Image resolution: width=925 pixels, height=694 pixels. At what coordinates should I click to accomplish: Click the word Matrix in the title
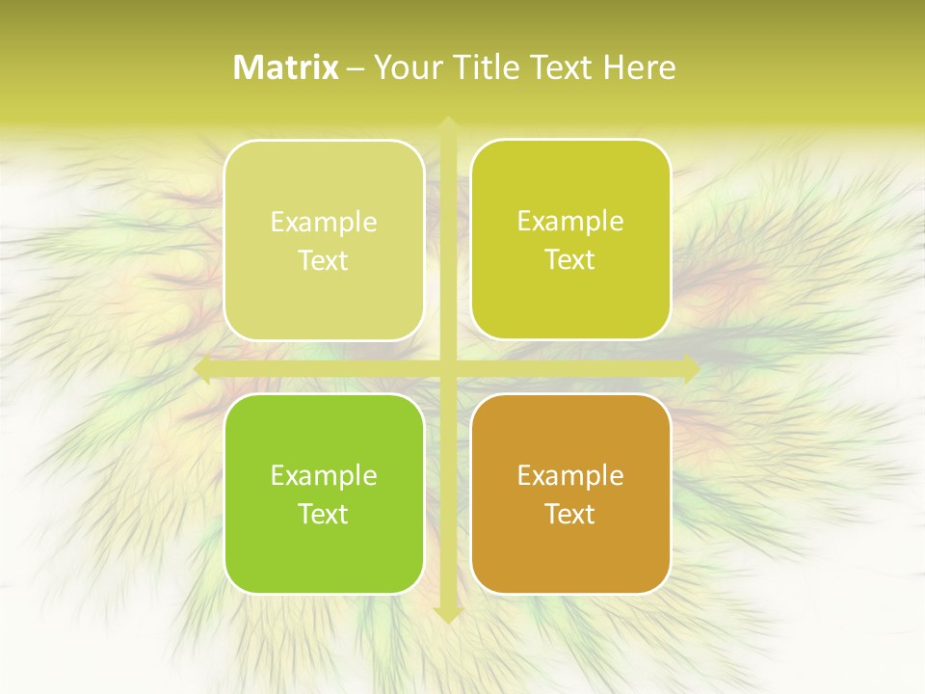click(286, 67)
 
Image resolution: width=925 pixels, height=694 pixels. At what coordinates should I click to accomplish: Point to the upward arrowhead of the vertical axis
click(447, 123)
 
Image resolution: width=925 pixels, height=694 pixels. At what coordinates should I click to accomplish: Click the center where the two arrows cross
click(447, 369)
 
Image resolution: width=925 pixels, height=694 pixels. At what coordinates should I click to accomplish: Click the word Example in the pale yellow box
click(324, 223)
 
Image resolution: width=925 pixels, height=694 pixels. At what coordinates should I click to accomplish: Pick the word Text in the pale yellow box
click(324, 260)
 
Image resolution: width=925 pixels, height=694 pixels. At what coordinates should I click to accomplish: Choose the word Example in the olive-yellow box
click(570, 222)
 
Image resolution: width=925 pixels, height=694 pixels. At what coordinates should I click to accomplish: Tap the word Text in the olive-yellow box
click(570, 259)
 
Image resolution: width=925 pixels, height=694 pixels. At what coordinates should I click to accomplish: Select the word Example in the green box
click(324, 476)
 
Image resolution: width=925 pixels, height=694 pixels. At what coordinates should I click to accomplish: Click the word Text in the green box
click(324, 514)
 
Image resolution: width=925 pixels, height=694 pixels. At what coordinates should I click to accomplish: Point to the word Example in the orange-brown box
click(570, 476)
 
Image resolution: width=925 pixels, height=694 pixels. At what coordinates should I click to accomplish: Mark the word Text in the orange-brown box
click(570, 514)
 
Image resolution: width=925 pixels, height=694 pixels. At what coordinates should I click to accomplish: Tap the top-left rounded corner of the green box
click(235, 405)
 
